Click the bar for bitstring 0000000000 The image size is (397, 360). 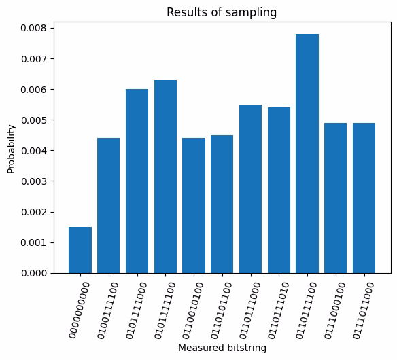pos(80,250)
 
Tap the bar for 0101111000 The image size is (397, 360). pos(137,181)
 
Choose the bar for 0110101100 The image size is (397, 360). pos(222,204)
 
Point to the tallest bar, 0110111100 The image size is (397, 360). pos(307,154)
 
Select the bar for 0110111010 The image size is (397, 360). pos(279,190)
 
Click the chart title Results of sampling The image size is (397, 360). pos(222,12)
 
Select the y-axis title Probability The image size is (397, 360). pos(12,148)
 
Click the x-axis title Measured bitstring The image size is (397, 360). pos(222,347)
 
